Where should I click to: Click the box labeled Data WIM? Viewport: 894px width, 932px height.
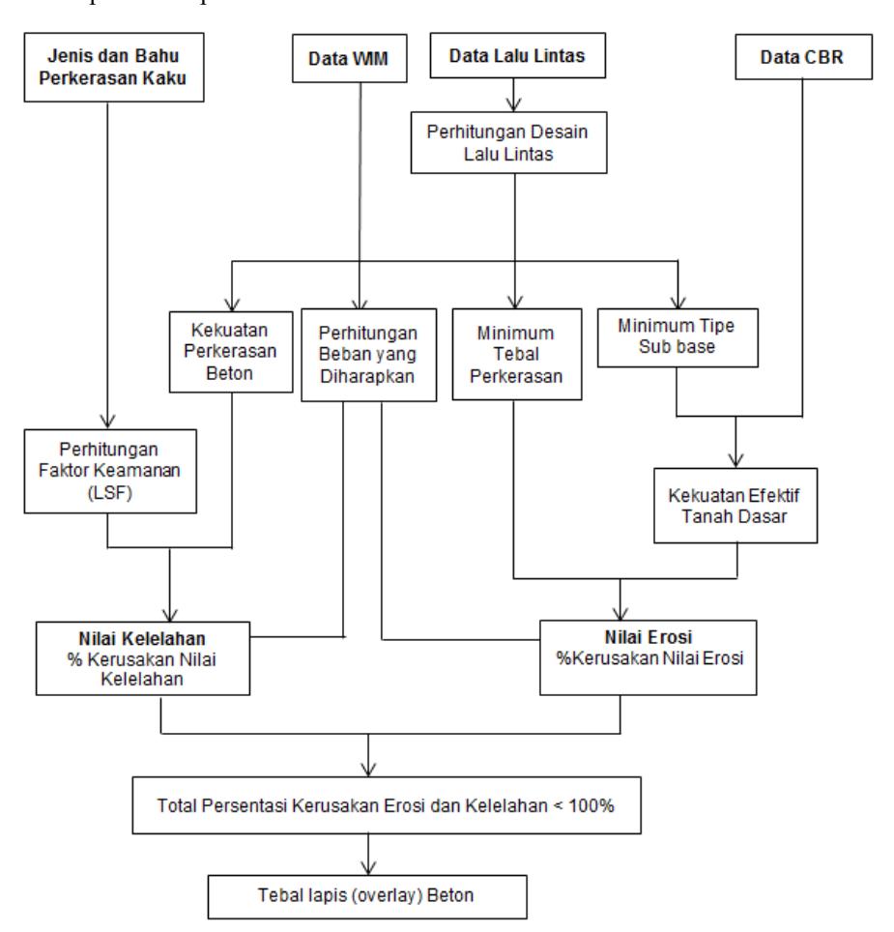tap(349, 58)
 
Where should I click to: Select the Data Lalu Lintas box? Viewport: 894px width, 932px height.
tap(517, 55)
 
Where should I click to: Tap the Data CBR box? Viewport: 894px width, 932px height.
tap(803, 56)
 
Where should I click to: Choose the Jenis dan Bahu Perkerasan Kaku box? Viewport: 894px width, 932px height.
tap(113, 67)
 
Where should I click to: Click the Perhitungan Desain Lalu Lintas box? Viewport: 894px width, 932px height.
tap(508, 143)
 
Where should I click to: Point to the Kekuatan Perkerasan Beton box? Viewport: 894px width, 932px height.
tap(230, 352)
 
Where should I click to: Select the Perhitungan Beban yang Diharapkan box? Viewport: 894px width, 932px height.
tap(368, 355)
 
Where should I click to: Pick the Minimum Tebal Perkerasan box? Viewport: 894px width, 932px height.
tap(517, 354)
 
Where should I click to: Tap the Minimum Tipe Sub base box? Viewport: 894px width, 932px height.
tap(678, 337)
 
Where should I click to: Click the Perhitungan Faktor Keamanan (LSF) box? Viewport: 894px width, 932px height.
tap(110, 472)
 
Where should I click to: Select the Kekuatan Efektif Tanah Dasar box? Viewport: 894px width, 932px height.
tap(735, 506)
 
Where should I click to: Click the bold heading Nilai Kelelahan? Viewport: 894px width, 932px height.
tap(142, 639)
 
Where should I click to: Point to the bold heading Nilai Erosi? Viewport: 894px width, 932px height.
tap(649, 637)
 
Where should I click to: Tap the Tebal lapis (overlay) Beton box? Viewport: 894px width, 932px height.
tap(367, 896)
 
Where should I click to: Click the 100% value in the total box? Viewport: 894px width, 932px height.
tap(591, 806)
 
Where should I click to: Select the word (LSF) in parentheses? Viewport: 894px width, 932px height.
tap(110, 493)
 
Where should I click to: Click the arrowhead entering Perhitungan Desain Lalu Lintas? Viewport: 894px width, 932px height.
tap(514, 104)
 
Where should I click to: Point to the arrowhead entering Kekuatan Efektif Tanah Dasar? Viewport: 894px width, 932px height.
tap(736, 460)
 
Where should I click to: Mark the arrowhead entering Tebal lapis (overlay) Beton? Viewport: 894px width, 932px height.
tap(368, 868)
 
